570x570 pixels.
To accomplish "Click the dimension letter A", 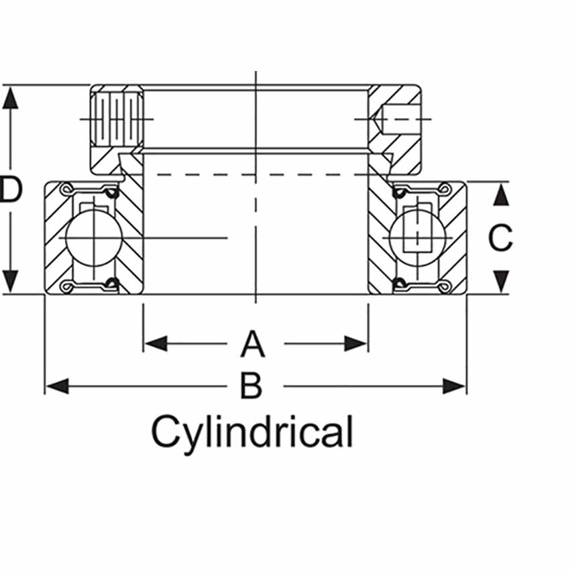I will (x=253, y=344).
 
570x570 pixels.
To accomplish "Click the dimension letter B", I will (x=251, y=386).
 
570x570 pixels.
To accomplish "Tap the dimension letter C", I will (x=500, y=238).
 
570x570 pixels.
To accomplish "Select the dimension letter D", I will (x=11, y=190).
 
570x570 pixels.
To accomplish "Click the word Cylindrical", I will (x=251, y=432).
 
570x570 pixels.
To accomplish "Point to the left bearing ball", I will (x=95, y=238).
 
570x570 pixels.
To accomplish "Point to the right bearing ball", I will (x=416, y=237).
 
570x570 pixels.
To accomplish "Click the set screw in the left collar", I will (x=117, y=119).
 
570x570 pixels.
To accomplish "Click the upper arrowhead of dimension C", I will (x=500, y=194).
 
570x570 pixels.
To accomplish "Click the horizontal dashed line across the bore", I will (x=255, y=175).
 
